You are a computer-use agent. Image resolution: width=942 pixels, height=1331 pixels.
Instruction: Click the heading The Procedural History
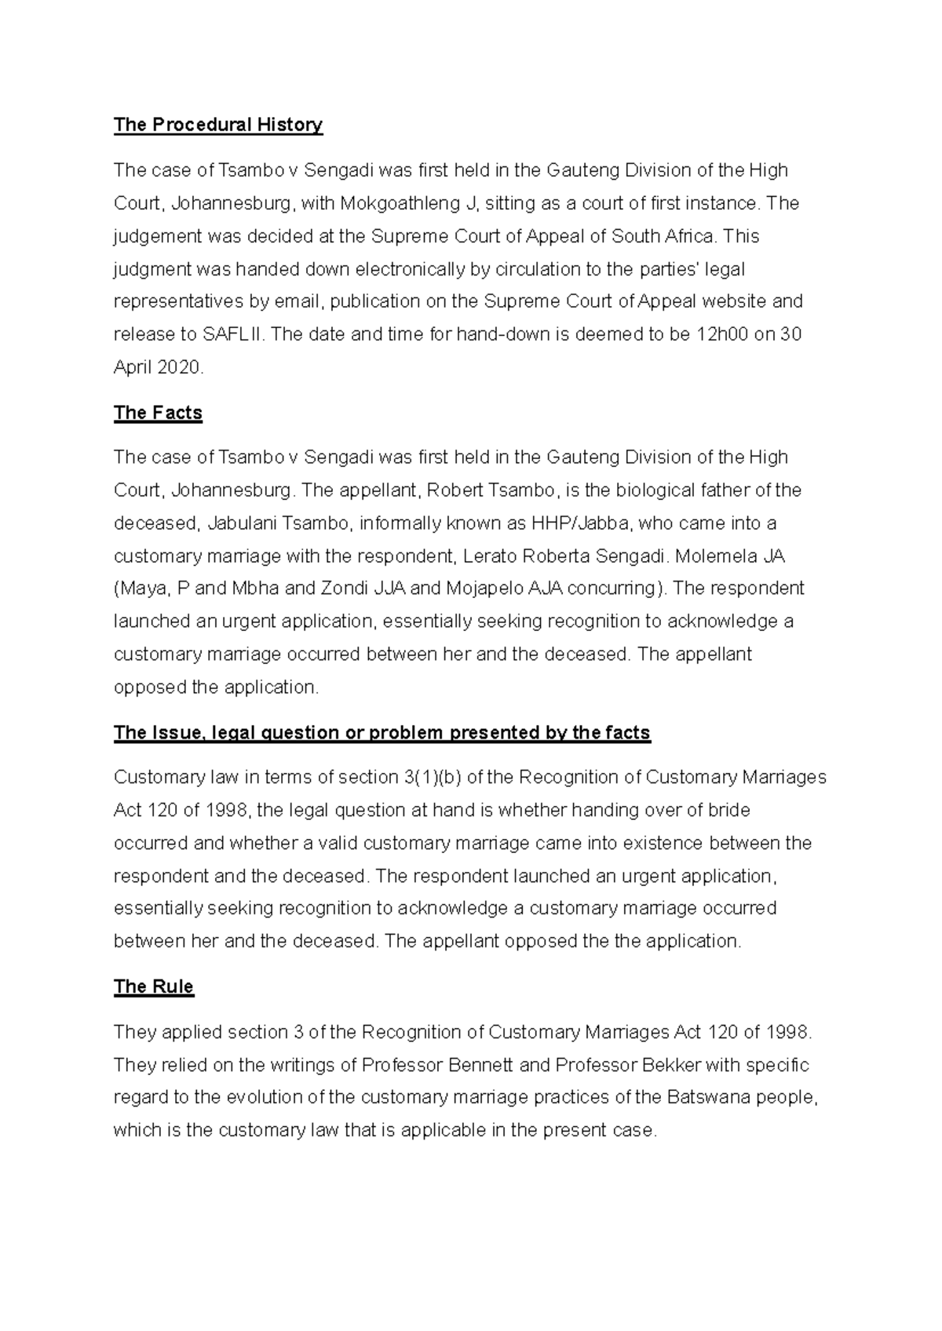[x=218, y=125]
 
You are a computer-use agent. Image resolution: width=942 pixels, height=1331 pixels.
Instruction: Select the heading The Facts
[x=158, y=413]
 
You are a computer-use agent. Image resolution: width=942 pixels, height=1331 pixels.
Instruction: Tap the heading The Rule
[x=154, y=986]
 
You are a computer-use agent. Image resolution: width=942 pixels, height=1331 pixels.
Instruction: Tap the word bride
[x=729, y=810]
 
